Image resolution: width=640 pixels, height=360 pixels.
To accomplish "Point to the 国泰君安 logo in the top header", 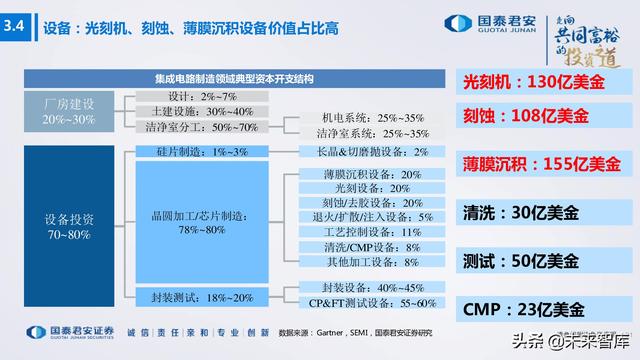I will (x=474, y=23).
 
